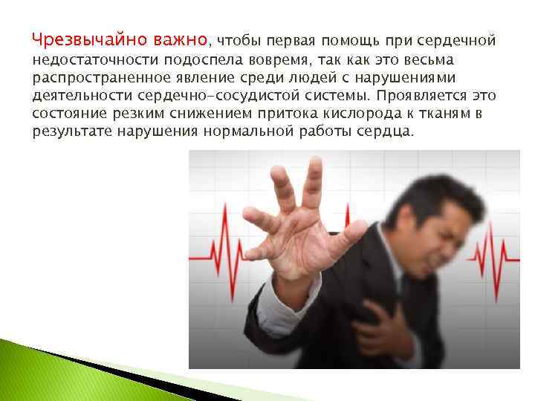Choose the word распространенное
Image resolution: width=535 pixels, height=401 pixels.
[x=92, y=78]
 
